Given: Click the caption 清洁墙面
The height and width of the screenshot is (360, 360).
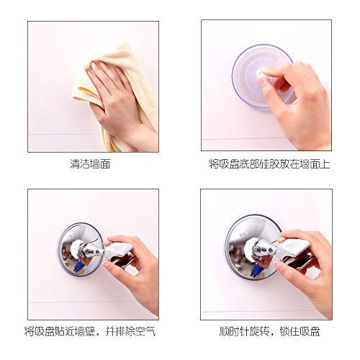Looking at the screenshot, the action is [90, 164].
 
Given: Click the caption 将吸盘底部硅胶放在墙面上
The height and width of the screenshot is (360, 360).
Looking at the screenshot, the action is [269, 164].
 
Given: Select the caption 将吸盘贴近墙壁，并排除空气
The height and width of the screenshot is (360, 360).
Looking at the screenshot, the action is [90, 331].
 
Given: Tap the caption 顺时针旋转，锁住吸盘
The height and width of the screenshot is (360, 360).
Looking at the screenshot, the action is [269, 331].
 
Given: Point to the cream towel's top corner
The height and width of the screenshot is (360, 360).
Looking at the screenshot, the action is [125, 42].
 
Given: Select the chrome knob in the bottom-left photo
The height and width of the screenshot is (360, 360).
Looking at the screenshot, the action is [89, 251].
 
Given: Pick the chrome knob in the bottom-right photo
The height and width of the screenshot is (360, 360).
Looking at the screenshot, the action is [262, 250].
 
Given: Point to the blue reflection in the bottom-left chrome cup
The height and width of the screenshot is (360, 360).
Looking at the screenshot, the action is [78, 266].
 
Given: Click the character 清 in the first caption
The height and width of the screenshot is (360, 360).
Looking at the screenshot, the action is [75, 164].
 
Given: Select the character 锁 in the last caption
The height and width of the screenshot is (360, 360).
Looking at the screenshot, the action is [284, 331].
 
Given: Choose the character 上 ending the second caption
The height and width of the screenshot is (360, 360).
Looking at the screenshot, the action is [325, 164].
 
